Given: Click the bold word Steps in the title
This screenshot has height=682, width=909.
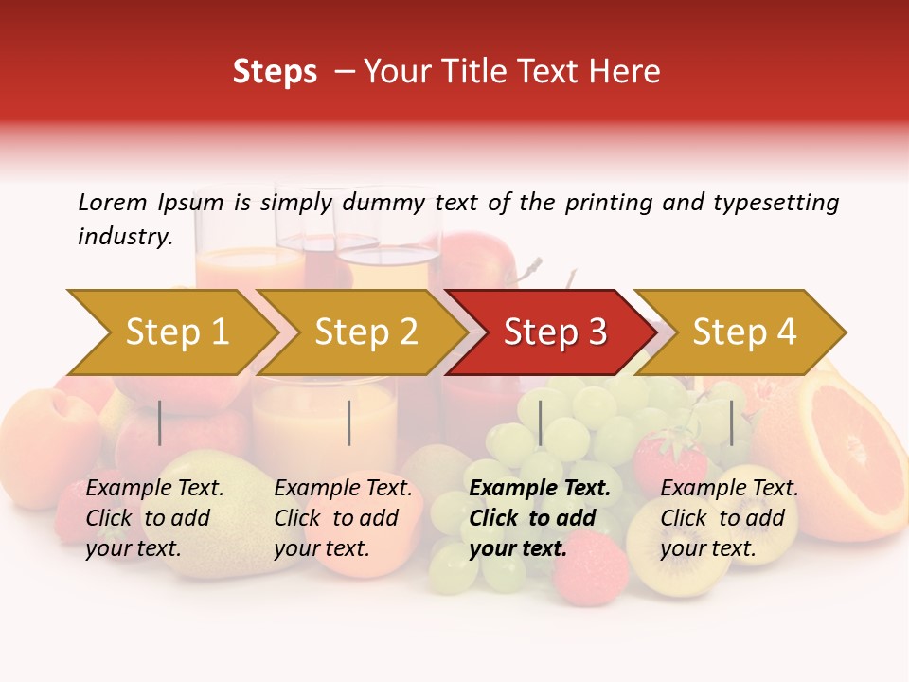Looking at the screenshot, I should [275, 72].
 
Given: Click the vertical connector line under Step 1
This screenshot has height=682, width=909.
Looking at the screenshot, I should [160, 422].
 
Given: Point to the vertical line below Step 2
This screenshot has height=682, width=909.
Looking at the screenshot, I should [349, 422].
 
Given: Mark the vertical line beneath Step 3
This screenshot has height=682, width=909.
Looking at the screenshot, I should [540, 422].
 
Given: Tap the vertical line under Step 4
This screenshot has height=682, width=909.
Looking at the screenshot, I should [731, 422].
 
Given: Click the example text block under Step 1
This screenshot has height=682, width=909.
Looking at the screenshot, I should [154, 518].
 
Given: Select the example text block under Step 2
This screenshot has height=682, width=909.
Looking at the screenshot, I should [343, 518].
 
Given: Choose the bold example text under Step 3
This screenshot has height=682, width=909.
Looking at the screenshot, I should [539, 518].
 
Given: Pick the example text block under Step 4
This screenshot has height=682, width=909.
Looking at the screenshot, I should [729, 518].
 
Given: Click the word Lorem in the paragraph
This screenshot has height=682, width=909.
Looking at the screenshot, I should [113, 202].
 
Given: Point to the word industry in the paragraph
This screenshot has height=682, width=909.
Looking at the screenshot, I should [124, 237].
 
